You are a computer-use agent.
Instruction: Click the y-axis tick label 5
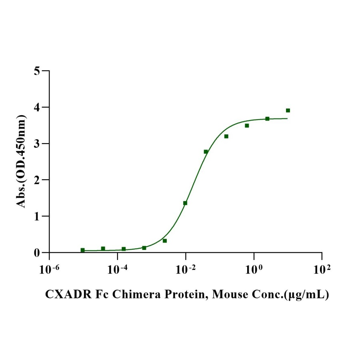(x=37, y=71)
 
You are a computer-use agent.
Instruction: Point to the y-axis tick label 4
(x=37, y=108)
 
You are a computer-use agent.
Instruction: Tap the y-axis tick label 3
(x=37, y=144)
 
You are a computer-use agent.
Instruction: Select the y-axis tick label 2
(x=37, y=180)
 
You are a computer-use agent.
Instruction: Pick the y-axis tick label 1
(x=37, y=216)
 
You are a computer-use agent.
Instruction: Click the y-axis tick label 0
(x=37, y=253)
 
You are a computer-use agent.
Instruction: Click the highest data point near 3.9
(x=288, y=110)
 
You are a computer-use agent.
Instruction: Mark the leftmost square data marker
(x=83, y=250)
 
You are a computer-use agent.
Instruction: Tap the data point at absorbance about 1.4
(x=185, y=203)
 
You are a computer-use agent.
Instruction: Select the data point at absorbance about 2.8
(x=206, y=152)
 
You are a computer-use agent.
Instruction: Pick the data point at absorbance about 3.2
(x=226, y=136)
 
